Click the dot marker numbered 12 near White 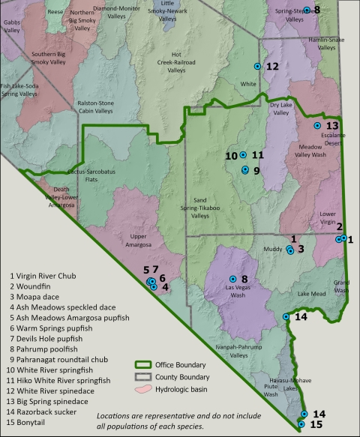pos(257,67)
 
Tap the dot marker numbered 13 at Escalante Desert pos(316,126)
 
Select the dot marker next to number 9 pos(244,170)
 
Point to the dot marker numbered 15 pos(301,424)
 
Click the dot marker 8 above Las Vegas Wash pos(232,280)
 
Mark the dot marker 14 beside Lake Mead pos(286,317)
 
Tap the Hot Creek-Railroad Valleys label pos(176,62)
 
